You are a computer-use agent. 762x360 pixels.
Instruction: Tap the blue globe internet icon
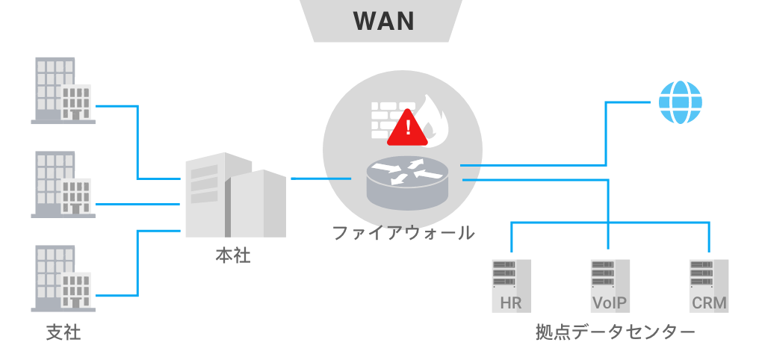(680, 102)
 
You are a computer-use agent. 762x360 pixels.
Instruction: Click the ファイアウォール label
(403, 232)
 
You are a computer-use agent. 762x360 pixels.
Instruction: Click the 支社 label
(63, 332)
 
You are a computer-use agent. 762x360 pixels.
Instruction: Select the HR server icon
(511, 285)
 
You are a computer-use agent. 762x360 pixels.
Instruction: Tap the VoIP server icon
(610, 285)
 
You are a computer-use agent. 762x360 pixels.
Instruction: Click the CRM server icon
(709, 285)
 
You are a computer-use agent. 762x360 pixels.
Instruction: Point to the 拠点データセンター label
(615, 332)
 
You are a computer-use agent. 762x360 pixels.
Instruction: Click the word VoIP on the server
(610, 303)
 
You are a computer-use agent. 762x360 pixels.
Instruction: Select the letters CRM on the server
(709, 303)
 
